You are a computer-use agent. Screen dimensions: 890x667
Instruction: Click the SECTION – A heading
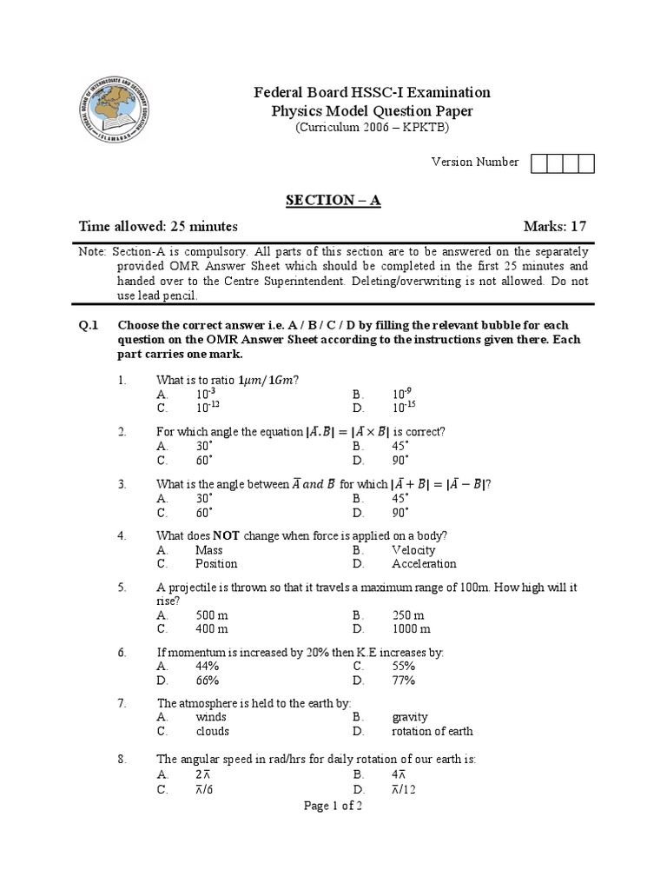[x=333, y=201]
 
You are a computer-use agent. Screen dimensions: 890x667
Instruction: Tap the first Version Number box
[x=538, y=163]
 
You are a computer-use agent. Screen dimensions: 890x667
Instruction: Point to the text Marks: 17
[x=556, y=227]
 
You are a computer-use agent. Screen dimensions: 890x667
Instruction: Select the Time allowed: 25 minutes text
[x=158, y=227]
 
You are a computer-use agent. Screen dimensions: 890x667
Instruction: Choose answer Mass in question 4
[x=209, y=550]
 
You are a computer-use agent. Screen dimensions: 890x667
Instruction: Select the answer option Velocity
[x=413, y=550]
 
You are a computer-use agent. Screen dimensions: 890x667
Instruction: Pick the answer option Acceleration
[x=424, y=563]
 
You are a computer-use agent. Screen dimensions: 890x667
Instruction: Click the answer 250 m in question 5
[x=407, y=615]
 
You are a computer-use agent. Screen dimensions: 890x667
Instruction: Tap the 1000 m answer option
[x=411, y=628]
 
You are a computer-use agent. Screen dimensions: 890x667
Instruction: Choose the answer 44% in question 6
[x=207, y=667]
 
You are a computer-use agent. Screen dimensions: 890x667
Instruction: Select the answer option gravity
[x=410, y=717]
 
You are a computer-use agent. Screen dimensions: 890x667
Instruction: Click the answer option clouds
[x=213, y=731]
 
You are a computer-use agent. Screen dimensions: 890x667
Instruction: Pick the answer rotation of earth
[x=433, y=731]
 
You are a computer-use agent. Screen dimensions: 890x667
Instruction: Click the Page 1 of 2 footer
[x=333, y=806]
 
